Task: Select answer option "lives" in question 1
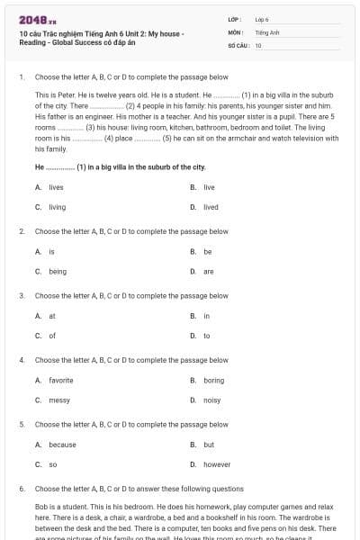56,187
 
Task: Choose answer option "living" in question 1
57,207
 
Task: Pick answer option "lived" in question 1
210,207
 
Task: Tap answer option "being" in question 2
58,271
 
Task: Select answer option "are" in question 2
208,271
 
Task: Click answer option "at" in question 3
52,316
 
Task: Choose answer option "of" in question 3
52,336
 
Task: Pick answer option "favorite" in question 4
61,381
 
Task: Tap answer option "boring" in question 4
213,381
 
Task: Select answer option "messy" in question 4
58,400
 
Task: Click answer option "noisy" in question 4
211,400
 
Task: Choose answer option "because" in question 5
62,445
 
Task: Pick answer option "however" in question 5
217,464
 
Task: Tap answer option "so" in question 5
52,464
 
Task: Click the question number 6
22,489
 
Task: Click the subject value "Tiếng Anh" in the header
266,31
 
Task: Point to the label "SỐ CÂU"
238,45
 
